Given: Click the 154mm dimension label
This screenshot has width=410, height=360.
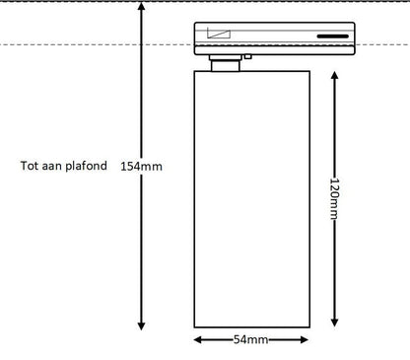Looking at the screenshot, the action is click(141, 166).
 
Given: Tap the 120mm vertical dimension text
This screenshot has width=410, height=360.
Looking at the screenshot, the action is click(334, 198).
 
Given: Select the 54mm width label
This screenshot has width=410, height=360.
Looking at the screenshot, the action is click(250, 339).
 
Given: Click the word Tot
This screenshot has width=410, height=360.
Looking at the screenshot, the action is click(30, 166).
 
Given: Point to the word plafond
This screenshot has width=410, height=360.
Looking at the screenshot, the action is click(86, 166).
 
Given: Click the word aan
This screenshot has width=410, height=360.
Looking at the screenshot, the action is click(52, 166).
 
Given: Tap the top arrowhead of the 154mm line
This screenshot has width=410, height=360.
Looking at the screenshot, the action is click(141, 6).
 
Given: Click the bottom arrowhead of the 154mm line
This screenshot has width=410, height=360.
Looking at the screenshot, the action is click(141, 325).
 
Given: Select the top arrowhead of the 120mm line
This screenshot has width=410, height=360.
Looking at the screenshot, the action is click(334, 75).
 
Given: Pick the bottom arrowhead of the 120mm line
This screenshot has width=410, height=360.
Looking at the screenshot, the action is click(334, 323).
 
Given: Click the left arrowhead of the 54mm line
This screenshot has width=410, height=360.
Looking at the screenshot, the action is click(197, 339).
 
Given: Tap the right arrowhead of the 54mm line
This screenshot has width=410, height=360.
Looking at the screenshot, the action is click(305, 339).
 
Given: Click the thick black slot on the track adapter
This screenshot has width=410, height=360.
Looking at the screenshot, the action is click(332, 36).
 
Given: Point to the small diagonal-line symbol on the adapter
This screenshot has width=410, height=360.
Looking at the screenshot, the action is click(219, 34).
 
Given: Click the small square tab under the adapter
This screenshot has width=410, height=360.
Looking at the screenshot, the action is click(248, 56).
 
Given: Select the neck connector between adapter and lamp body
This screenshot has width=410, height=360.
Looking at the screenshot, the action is click(226, 63).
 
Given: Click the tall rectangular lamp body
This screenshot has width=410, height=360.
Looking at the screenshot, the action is click(252, 199).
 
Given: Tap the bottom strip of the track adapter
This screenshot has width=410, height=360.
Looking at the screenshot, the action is click(275, 50).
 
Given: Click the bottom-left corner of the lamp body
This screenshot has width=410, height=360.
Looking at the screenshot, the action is click(194, 327).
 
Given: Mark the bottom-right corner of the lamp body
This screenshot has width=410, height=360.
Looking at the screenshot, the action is click(309, 327).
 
